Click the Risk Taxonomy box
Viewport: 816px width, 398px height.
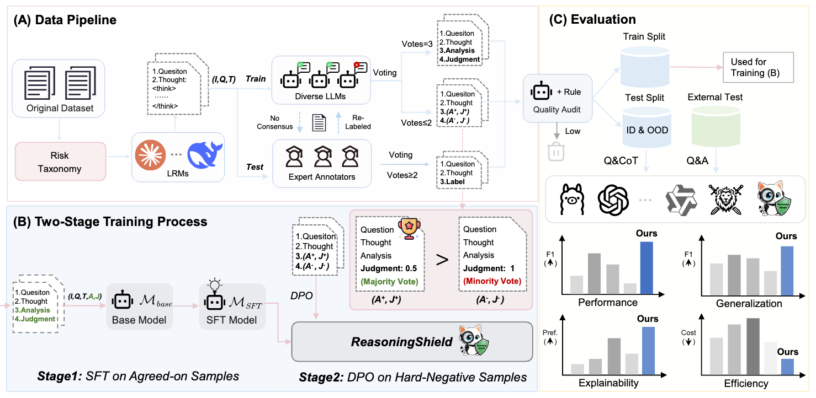point(60,161)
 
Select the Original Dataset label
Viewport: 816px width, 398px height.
point(60,107)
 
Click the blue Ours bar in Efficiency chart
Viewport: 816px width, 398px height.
point(787,366)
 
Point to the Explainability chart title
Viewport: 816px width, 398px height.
point(608,383)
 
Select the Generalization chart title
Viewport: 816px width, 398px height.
point(749,303)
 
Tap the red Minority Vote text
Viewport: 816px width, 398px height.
point(491,281)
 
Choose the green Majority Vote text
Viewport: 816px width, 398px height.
point(389,281)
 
